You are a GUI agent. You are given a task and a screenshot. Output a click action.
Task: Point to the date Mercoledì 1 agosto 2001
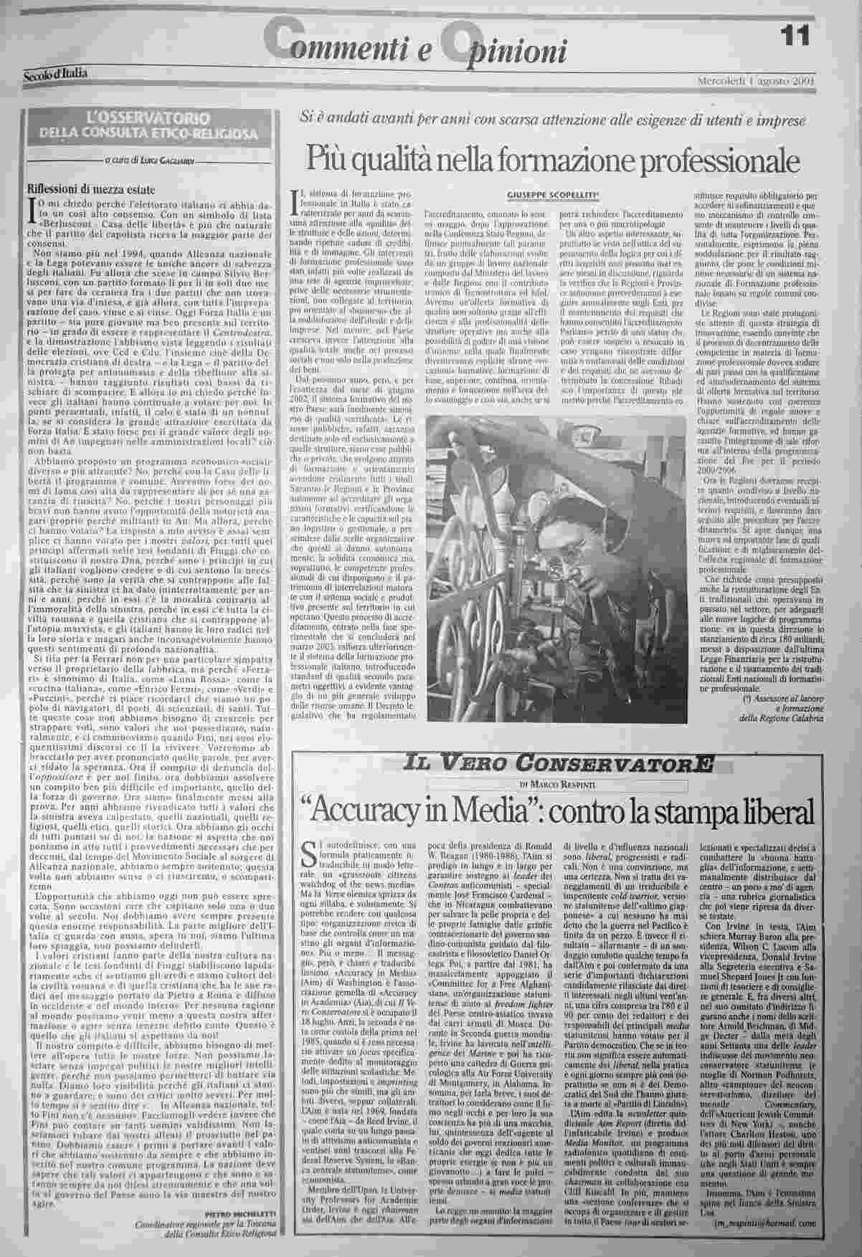(x=756, y=80)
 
